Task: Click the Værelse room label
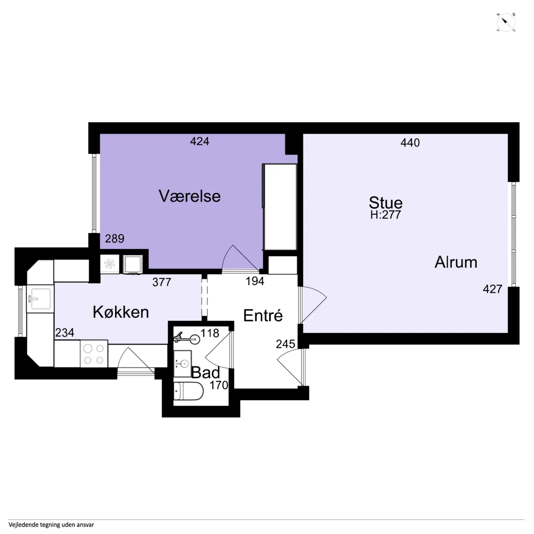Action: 189,196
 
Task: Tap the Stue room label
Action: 385,202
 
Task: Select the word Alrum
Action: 456,262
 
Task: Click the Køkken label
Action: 121,312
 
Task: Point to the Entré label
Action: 263,316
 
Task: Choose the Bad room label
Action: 205,372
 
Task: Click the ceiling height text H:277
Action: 385,215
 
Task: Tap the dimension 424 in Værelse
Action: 200,141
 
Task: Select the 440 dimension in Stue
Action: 410,143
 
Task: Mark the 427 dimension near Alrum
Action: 492,289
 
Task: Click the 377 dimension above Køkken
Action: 162,282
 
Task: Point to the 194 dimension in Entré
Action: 255,281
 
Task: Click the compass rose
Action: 506,22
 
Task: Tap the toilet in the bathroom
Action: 188,391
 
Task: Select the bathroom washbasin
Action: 183,363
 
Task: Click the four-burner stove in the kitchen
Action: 94,354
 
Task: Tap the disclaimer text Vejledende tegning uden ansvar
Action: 51,525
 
